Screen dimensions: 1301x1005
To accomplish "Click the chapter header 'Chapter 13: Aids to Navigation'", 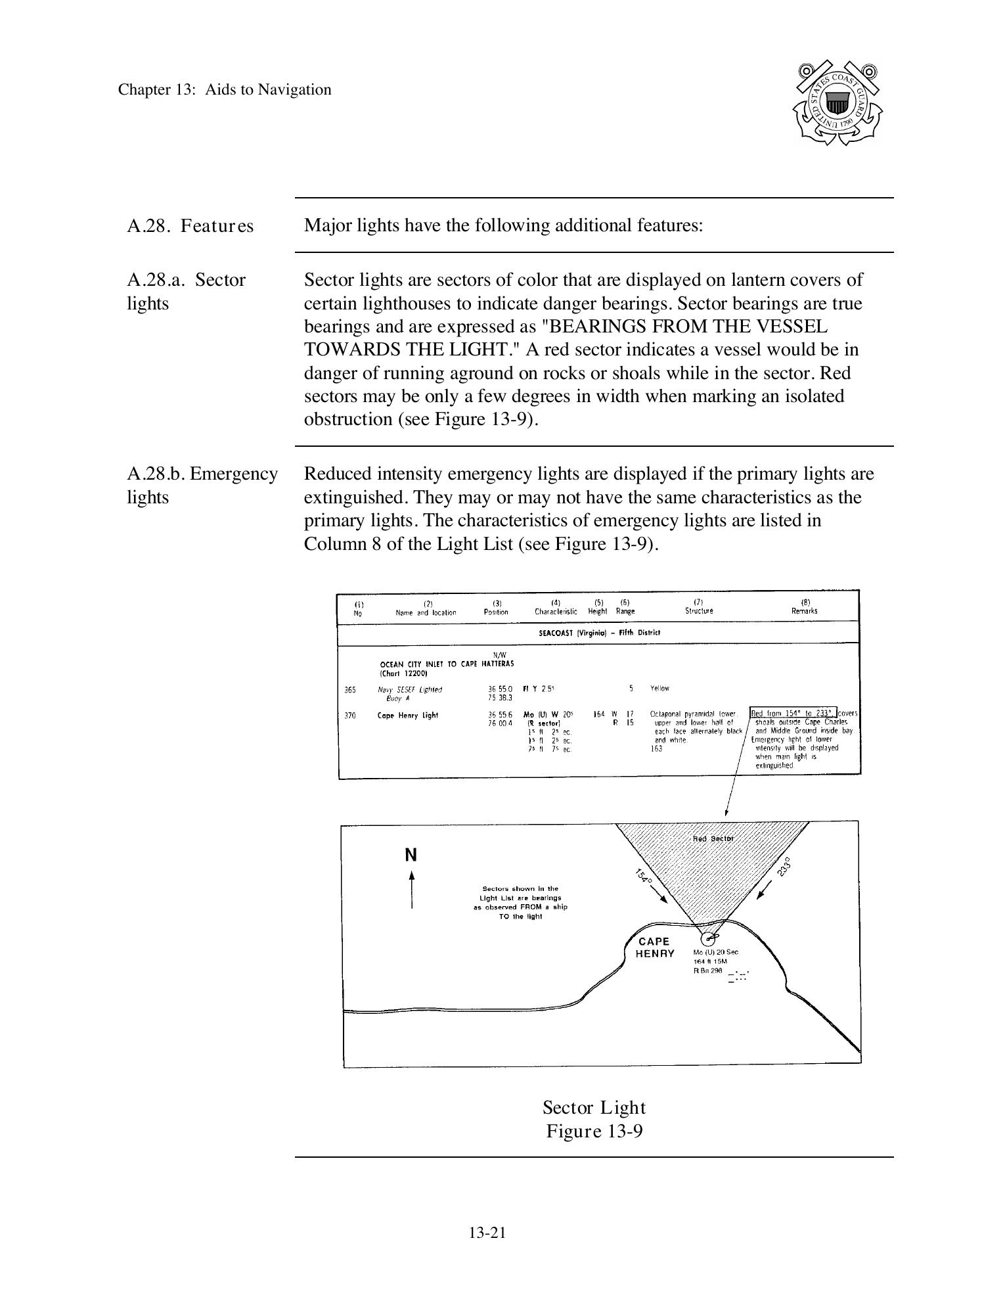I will pyautogui.click(x=225, y=90).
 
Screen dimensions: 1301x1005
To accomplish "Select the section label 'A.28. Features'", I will pyautogui.click(x=190, y=226).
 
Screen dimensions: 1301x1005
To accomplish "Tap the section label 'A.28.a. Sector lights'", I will pyautogui.click(x=186, y=291).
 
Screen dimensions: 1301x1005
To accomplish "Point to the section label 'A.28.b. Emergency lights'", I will pyautogui.click(x=202, y=485).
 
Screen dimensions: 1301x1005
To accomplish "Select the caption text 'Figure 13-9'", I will pyautogui.click(x=594, y=1131).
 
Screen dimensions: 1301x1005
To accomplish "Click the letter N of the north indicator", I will pyautogui.click(x=411, y=855).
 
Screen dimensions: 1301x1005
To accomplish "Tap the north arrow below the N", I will pyautogui.click(x=412, y=890).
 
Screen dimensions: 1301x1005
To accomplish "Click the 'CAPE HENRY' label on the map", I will pyautogui.click(x=654, y=947).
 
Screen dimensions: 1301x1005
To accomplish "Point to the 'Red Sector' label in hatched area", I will pyautogui.click(x=713, y=838).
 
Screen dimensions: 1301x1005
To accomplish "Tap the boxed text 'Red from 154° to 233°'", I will pyautogui.click(x=793, y=713).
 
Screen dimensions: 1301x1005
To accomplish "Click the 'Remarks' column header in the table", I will pyautogui.click(x=805, y=610).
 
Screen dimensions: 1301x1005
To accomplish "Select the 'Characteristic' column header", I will pyautogui.click(x=556, y=611).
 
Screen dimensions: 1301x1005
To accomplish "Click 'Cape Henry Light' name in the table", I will pyautogui.click(x=407, y=716).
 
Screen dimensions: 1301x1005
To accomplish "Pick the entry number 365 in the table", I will pyautogui.click(x=350, y=689).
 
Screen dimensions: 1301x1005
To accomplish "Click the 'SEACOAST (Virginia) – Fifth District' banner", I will pyautogui.click(x=598, y=632).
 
